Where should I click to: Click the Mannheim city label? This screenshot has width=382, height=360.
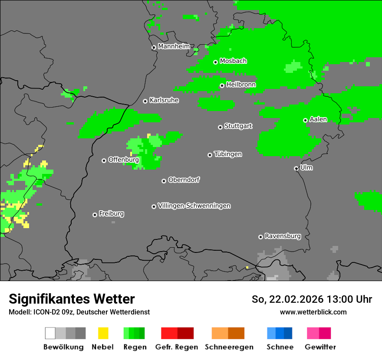coord(174,46)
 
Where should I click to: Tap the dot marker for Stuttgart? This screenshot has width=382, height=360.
coord(220,127)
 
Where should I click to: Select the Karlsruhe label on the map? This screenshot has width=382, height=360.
coord(164,100)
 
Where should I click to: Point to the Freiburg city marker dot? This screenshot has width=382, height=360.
coord(95,215)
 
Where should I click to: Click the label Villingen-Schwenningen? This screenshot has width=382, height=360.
coord(194,206)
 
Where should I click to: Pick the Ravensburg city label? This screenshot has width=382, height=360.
coord(283,236)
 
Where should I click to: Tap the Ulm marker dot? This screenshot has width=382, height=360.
coord(296,168)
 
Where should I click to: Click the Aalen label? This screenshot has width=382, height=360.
coord(318,119)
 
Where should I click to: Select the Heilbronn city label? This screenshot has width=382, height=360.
coord(241,85)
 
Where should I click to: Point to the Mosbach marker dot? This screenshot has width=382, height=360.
coord(215,62)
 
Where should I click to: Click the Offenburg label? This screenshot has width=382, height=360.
coord(123,160)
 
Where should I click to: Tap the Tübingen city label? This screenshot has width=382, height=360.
coord(228,154)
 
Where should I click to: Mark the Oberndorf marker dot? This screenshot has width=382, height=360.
coord(164,181)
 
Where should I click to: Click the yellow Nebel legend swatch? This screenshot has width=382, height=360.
coord(103,333)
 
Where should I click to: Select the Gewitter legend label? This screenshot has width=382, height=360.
coord(320,347)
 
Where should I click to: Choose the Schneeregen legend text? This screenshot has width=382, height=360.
coord(229,347)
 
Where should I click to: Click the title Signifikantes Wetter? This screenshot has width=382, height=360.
coord(72,299)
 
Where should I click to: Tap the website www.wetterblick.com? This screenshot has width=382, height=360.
coord(313,312)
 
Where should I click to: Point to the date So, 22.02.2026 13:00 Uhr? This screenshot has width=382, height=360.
coord(312,299)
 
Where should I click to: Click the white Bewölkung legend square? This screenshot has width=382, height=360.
coord(50,333)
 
